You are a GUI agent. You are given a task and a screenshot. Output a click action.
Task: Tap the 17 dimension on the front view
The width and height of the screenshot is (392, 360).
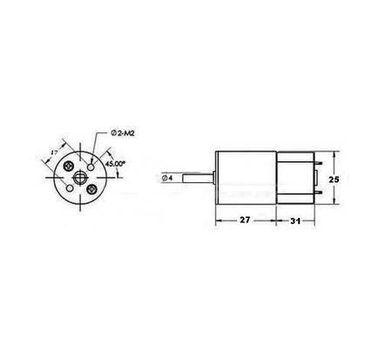coord(55,153)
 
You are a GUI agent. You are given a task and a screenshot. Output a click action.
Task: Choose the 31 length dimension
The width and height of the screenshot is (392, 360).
coord(296,222)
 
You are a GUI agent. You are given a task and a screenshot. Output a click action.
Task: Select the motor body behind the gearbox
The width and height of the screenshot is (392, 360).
coord(294,179)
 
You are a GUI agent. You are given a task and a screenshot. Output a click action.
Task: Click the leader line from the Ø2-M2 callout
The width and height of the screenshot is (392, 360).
coord(100,144)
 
